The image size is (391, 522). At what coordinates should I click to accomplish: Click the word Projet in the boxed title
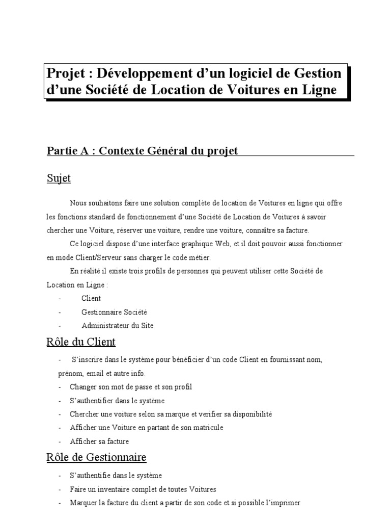coord(64,74)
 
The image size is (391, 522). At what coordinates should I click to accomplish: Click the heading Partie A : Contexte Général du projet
coord(143,151)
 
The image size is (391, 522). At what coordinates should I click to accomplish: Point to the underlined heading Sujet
coord(59,178)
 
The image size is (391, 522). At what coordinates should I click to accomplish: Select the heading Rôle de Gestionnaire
coord(96,457)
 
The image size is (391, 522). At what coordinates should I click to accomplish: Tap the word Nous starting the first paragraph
coord(78,203)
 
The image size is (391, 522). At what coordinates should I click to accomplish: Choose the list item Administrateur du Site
coord(117,325)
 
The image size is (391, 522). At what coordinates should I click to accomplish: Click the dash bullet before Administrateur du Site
coord(60,325)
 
